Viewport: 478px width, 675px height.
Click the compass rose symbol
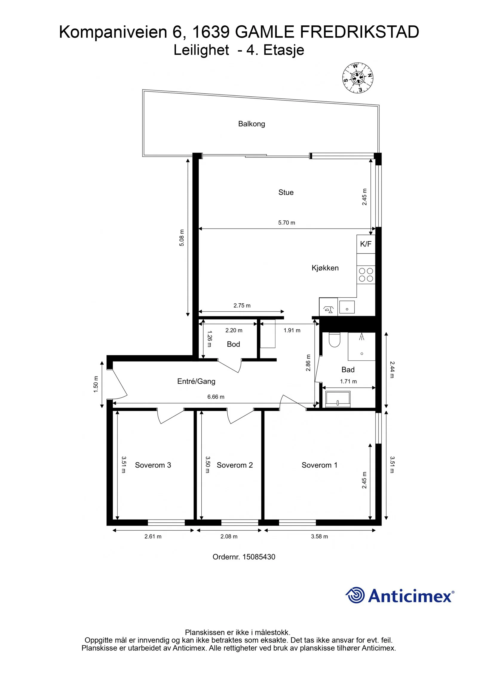tap(358, 78)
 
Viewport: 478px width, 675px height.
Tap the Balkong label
tap(252, 124)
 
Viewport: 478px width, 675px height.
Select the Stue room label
tap(286, 192)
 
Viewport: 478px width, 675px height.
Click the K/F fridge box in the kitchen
tap(366, 244)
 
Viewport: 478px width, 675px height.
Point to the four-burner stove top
tap(366, 275)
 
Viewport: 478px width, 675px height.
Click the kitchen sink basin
tap(347, 307)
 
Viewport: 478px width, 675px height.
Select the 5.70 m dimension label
tap(287, 223)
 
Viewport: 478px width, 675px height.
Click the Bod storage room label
tap(233, 344)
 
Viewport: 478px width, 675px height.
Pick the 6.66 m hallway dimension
tap(216, 397)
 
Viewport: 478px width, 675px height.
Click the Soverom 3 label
tap(153, 465)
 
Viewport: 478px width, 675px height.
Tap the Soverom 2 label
tap(235, 465)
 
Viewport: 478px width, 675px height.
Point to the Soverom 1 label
tap(319, 465)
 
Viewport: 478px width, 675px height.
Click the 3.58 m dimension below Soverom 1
tap(319, 536)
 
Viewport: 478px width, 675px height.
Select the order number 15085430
tap(259, 557)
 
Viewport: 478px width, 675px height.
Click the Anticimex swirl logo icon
tap(355, 595)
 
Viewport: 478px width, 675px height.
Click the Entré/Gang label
tap(196, 381)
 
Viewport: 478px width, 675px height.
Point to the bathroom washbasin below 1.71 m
tap(338, 399)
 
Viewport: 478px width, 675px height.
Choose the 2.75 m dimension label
tap(242, 305)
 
